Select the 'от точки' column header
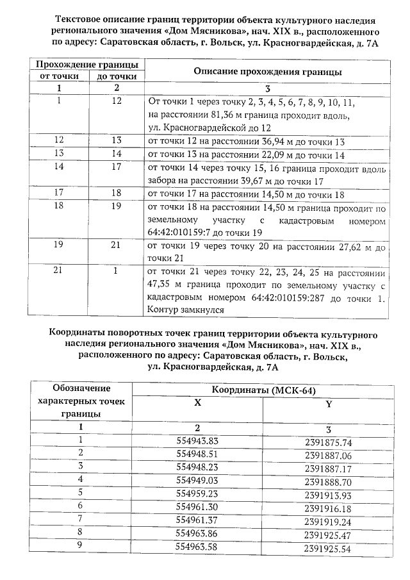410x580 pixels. (x=60, y=76)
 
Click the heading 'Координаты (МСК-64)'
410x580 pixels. (x=263, y=391)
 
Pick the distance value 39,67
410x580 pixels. (x=226, y=181)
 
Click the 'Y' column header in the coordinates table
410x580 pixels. (x=329, y=404)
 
